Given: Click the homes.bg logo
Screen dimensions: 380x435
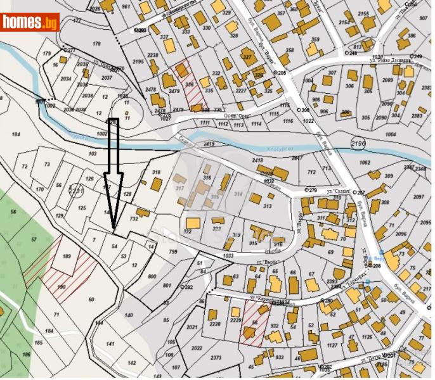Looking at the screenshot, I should (x=30, y=23).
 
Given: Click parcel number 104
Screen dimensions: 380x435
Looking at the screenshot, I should (x=16, y=134).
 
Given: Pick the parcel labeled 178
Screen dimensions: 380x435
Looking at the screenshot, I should (x=97, y=43).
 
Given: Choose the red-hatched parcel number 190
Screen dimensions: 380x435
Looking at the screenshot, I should (x=61, y=287).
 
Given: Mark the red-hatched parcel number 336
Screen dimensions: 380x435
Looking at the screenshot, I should (x=190, y=84).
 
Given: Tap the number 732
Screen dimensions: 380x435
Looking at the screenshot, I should (x=134, y=218).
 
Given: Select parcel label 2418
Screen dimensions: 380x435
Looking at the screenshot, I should (x=257, y=161).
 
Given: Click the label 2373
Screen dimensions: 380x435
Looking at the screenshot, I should (x=216, y=357).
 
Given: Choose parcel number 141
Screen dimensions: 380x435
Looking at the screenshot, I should (x=110, y=344).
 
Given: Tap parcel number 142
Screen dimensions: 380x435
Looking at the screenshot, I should (x=131, y=363).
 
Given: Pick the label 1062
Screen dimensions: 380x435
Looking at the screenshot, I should (x=364, y=162).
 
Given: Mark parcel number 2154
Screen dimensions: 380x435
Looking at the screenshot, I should (x=344, y=22).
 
